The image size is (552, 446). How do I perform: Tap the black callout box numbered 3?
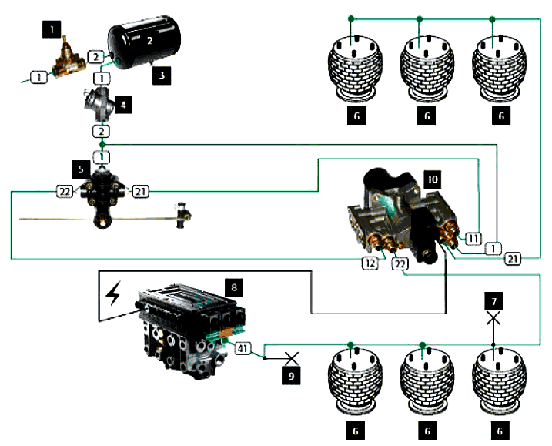pos(162,75)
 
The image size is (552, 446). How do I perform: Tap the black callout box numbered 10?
pos(432,179)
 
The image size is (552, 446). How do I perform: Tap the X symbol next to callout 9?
pos(290,358)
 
